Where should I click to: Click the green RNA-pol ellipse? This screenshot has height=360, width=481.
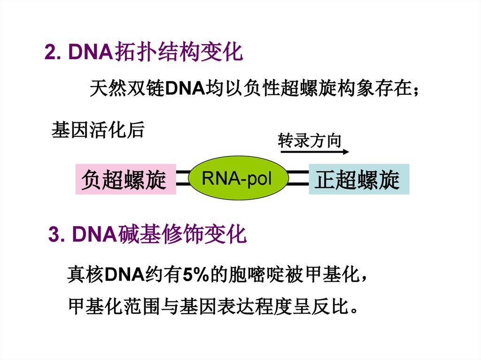(238, 178)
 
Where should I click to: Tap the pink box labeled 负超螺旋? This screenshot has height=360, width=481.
(126, 179)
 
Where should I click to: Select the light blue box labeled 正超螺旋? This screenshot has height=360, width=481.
(359, 179)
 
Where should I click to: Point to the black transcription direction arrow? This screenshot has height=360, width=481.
(315, 152)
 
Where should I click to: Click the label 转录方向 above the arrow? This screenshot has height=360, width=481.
(309, 140)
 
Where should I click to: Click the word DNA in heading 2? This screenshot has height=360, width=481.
(91, 52)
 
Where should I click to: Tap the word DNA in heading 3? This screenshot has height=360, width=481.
(94, 235)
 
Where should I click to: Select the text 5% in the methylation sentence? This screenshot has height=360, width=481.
(196, 274)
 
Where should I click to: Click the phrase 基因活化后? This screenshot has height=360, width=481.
(98, 130)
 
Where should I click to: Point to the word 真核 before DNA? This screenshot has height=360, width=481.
(86, 274)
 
